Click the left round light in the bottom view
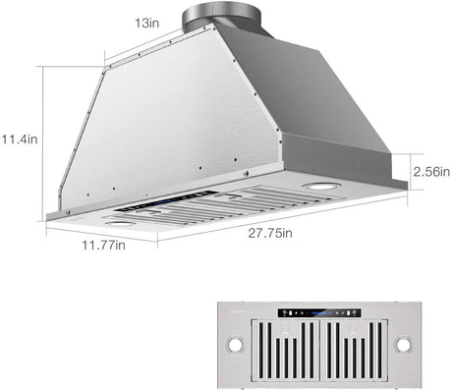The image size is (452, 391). click(x=238, y=350)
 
